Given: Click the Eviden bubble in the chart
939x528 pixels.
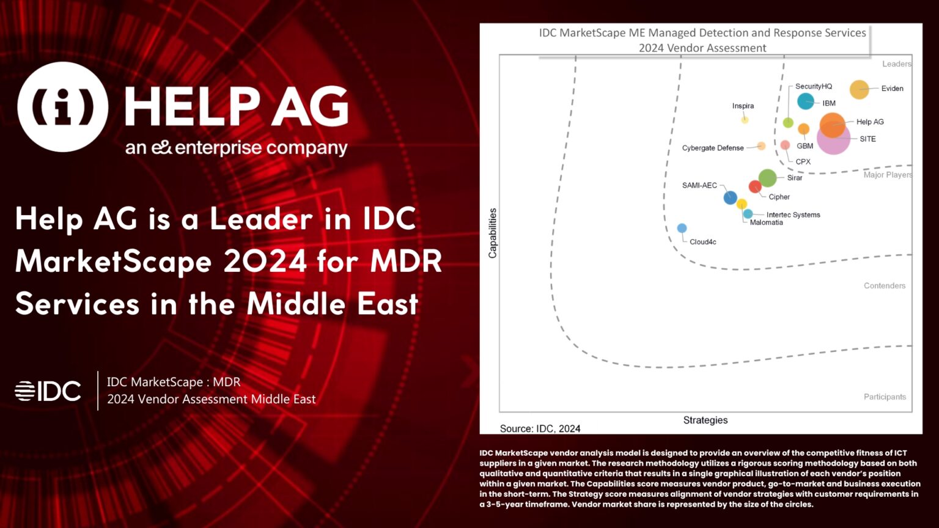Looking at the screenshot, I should (859, 89).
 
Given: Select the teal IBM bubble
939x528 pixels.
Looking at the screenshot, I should (806, 101).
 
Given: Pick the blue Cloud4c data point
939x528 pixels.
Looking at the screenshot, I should (682, 228).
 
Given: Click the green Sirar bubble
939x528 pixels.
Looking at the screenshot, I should (767, 178).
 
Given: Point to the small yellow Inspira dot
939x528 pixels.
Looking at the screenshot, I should (745, 120).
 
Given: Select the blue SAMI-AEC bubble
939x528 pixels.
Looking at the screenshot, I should (730, 197).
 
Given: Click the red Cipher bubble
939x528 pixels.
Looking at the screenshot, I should (755, 187).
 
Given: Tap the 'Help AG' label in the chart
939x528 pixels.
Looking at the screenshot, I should (869, 122).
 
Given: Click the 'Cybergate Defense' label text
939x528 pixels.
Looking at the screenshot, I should (712, 148).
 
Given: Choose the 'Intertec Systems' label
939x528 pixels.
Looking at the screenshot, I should (793, 215).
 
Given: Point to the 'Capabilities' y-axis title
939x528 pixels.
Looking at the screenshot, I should (493, 233).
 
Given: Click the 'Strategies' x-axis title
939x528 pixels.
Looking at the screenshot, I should (705, 420).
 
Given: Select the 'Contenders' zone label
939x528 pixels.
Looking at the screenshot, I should (884, 285).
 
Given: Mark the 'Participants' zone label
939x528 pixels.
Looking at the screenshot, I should (884, 397).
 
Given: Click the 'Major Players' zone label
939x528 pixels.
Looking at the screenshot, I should (887, 175).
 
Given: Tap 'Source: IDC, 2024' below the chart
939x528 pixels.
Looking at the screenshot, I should (540, 428).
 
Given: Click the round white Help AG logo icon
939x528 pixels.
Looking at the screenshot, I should (63, 107).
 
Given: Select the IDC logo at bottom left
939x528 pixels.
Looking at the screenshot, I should (48, 391).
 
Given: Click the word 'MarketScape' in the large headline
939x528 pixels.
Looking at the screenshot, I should (113, 262).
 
